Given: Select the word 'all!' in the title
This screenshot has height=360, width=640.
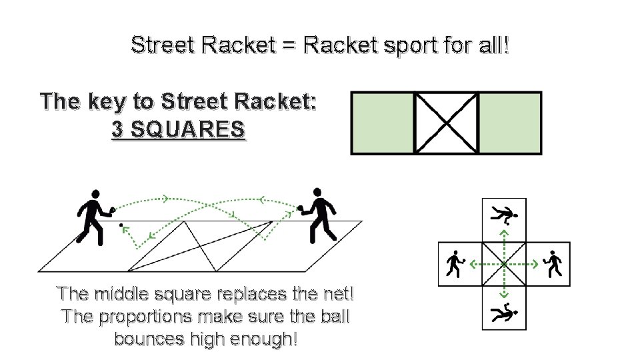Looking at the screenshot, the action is [491, 45].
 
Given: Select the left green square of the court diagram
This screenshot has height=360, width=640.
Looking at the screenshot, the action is [383, 123].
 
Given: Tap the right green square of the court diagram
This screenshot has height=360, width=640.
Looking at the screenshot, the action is [510, 123].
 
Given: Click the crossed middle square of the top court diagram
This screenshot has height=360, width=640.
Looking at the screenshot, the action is [446, 123].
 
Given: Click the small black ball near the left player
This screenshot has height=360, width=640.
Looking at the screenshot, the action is [121, 226].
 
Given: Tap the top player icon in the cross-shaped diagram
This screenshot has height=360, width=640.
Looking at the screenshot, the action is [505, 215].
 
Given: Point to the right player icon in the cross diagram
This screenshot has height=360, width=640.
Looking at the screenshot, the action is [553, 264].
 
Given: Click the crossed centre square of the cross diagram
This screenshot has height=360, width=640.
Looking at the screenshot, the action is [504, 264].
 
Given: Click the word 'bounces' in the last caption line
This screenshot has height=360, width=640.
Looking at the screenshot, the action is [148, 338].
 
